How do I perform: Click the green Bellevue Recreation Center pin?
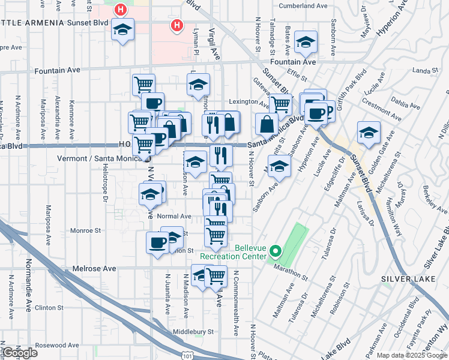click(276, 251)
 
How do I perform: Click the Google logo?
click(20, 353)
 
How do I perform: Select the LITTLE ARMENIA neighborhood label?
click(32, 23)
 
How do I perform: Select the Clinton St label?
click(49, 308)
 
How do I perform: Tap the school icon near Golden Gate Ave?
click(369, 132)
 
